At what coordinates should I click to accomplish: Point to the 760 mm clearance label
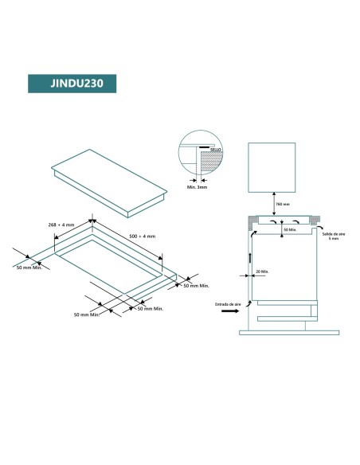(x=282, y=205)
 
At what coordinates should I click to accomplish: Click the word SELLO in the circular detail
(x=215, y=149)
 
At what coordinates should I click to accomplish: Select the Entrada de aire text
(x=228, y=304)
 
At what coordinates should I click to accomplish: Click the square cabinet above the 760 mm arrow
(x=272, y=166)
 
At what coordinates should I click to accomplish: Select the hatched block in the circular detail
(x=208, y=162)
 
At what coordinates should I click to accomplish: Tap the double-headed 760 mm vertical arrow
(x=272, y=204)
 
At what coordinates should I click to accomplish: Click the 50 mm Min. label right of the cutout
(x=196, y=285)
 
